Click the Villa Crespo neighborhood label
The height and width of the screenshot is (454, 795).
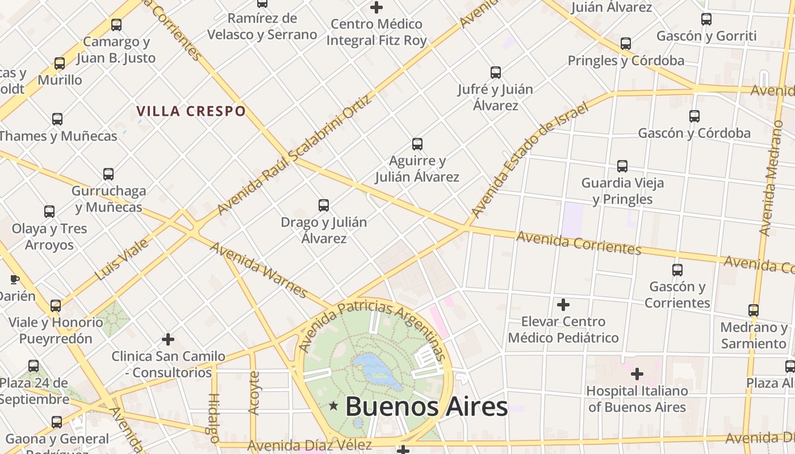tap(191, 111)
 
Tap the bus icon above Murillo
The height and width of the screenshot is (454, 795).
tap(60, 64)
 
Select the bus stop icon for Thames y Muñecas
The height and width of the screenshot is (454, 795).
tap(57, 119)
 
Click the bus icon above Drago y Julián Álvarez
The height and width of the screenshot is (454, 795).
tap(324, 205)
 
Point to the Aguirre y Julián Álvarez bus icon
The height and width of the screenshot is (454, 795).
tap(417, 144)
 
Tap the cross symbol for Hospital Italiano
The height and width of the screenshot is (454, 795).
tap(637, 374)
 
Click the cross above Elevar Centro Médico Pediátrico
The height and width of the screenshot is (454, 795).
tap(563, 305)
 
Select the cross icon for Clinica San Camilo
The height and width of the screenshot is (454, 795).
tap(168, 339)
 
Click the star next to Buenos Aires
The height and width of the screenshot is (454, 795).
tap(333, 406)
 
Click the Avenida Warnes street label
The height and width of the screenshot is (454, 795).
tap(258, 270)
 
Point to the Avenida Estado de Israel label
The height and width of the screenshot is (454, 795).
tap(528, 161)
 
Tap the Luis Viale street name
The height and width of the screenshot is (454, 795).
tap(122, 259)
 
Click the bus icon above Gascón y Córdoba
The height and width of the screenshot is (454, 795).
tap(694, 116)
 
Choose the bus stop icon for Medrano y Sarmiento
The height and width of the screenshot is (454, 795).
tap(754, 310)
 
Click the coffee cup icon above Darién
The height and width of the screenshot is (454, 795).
tap(15, 279)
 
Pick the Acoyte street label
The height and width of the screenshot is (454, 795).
tap(254, 392)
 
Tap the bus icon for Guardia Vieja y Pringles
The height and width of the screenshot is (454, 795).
tap(622, 166)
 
